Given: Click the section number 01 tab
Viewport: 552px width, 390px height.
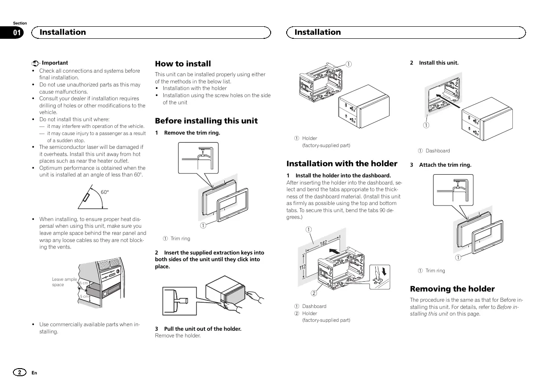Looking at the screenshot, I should (16, 33).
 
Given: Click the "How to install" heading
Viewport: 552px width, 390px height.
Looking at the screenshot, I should (183, 64).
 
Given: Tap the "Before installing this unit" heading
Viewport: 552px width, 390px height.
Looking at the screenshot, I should (206, 121).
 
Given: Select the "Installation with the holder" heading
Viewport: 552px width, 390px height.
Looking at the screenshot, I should (341, 164).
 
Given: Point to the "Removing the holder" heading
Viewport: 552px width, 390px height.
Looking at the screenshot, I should (452, 289).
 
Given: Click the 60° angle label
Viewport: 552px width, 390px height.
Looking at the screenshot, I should (105, 192).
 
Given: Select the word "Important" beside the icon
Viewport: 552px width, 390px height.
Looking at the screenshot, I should (55, 63).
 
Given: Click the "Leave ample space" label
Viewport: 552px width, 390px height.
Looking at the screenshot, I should (64, 282).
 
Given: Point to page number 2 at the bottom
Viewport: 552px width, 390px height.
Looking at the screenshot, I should (20, 372).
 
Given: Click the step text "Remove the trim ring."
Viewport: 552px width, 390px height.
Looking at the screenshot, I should (192, 133).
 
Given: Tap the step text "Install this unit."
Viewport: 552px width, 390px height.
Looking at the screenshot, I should (438, 63).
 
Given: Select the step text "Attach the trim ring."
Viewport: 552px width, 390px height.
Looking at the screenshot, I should (445, 165).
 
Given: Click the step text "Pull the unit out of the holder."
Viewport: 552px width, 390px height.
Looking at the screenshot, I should (203, 329).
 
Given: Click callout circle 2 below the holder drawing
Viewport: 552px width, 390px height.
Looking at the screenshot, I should (313, 293).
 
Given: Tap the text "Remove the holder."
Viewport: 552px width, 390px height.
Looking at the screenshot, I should (178, 336).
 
